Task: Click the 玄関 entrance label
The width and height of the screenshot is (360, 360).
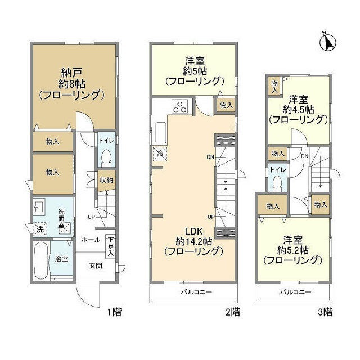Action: (95, 265)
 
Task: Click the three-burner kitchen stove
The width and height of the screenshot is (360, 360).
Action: (180, 106)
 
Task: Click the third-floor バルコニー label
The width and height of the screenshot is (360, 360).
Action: (295, 292)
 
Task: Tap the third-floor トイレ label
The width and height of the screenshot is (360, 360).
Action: (276, 169)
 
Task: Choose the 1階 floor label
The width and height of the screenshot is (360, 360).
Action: (113, 312)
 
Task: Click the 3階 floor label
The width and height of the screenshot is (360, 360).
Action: (325, 312)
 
